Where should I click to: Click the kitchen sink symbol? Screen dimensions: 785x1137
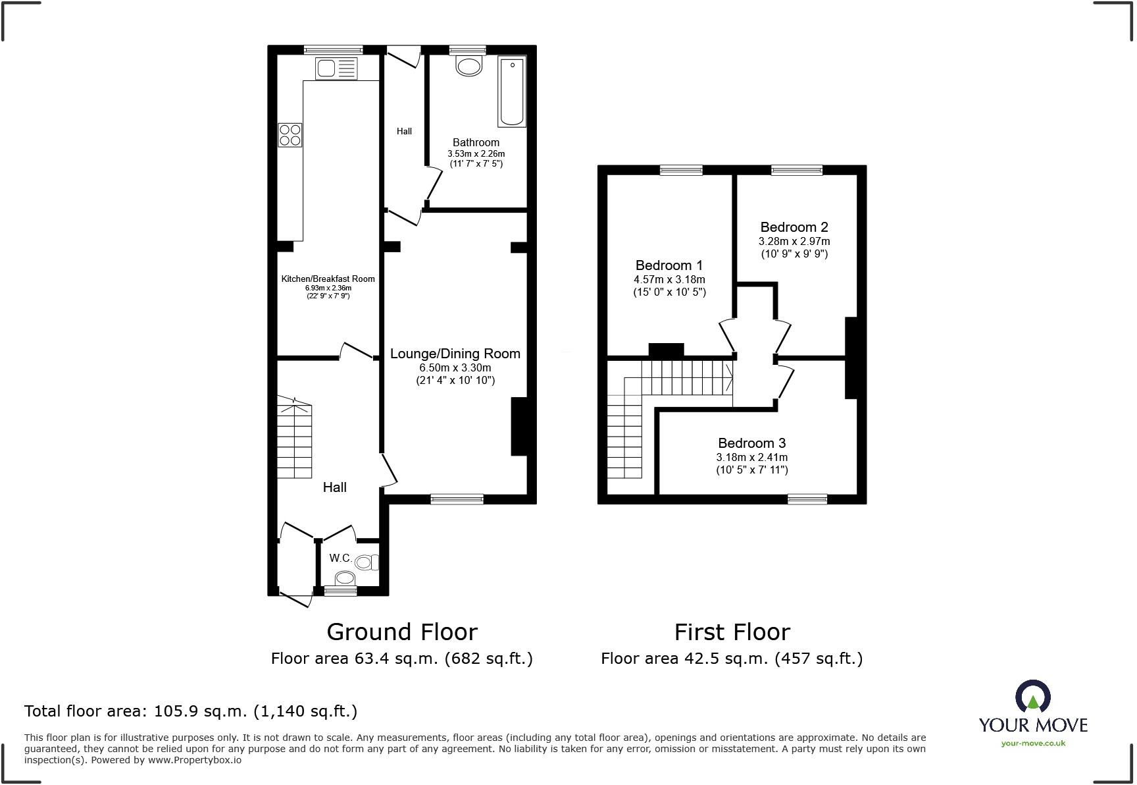[x=336, y=68]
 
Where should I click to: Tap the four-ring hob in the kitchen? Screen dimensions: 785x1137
[x=290, y=135]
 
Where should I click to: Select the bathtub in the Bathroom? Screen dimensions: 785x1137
[x=512, y=92]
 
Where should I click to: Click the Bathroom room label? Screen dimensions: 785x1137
[x=476, y=142]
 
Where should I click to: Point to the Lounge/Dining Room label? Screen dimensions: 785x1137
[x=455, y=354]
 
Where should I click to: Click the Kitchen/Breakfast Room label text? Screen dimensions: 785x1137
[x=328, y=279]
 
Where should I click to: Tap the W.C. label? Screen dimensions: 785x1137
[x=340, y=558]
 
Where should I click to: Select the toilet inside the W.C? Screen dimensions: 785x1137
[x=366, y=562]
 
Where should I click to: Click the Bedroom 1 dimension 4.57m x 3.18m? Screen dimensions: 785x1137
[x=669, y=279]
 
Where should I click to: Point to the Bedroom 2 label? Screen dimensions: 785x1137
[x=794, y=227]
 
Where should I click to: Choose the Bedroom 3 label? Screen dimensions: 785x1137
[x=751, y=443]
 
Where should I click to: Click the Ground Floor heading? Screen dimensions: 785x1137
[x=401, y=632]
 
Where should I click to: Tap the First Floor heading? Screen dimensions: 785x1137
[x=732, y=632]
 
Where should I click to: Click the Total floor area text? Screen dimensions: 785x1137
[x=191, y=711]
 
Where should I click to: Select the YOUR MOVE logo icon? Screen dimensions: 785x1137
[x=1032, y=697]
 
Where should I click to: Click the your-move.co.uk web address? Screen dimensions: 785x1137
[x=1033, y=744]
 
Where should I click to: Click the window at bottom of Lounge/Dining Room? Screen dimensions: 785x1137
[x=457, y=500]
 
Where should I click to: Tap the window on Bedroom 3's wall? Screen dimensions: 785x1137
[x=807, y=500]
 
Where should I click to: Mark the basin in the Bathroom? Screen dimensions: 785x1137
[x=468, y=66]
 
